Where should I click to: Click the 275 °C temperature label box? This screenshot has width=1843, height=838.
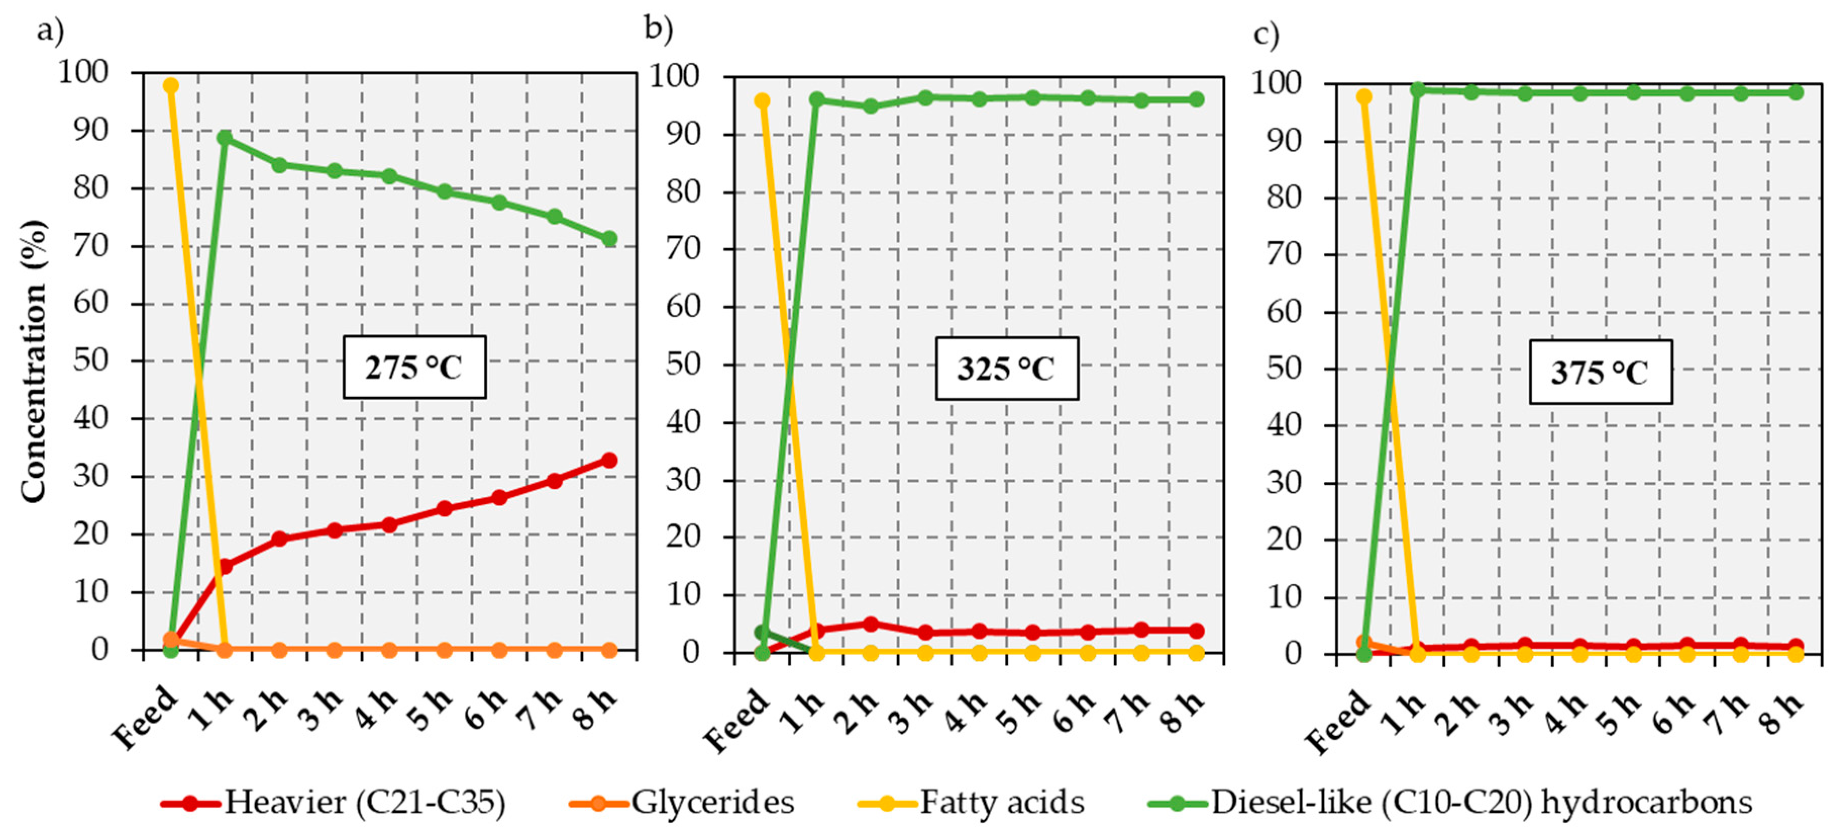[414, 367]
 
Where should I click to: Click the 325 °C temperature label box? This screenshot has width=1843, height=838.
[1007, 369]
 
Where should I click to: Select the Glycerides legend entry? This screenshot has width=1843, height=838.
[682, 802]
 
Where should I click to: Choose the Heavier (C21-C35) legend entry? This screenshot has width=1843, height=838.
[333, 802]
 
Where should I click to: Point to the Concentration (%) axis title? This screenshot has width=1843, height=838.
[33, 361]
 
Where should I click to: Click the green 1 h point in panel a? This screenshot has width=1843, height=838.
[225, 137]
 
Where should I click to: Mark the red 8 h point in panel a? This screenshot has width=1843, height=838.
[609, 460]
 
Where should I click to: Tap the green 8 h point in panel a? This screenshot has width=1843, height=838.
[609, 238]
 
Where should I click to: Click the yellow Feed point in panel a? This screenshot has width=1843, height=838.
[170, 85]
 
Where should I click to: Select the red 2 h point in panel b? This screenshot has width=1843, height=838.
[870, 624]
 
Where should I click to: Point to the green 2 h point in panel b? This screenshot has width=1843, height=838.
[870, 106]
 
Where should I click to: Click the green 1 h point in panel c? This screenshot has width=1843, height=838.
[1417, 89]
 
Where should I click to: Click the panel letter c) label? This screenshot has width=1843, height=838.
[1266, 34]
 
